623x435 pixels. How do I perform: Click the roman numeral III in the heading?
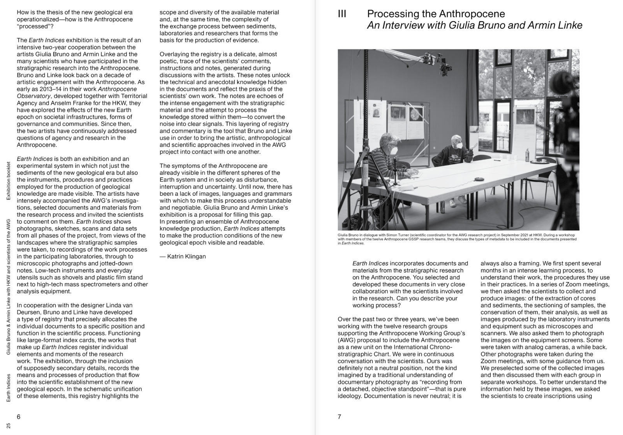tap(342, 15)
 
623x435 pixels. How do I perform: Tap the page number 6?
tap(18, 417)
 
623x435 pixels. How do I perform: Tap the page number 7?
tap(340, 417)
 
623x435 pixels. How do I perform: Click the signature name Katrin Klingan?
tap(186, 256)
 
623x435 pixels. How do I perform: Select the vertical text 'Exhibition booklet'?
tap(9, 181)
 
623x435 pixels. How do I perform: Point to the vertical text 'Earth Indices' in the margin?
tap(9, 388)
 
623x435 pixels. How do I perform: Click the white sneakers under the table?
tap(453, 203)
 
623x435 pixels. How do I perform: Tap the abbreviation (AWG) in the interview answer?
tap(346, 340)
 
